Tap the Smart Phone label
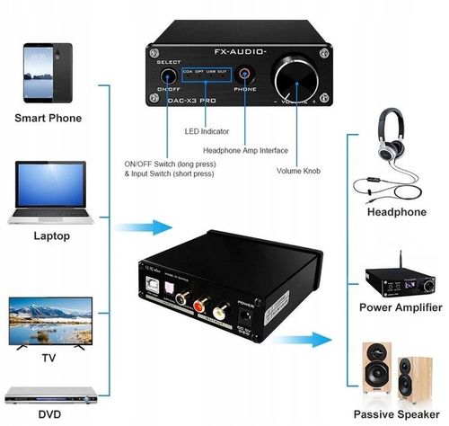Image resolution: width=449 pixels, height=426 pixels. click(48, 118)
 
